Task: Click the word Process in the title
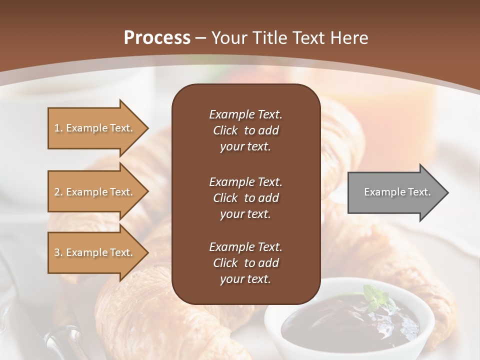(157, 38)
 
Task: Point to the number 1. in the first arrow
(58, 128)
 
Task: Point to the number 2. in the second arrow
(58, 192)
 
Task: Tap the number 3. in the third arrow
(58, 252)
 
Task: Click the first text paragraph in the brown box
(245, 130)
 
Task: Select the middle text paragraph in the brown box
(245, 198)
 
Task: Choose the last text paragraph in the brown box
(245, 263)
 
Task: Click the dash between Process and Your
(200, 38)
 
